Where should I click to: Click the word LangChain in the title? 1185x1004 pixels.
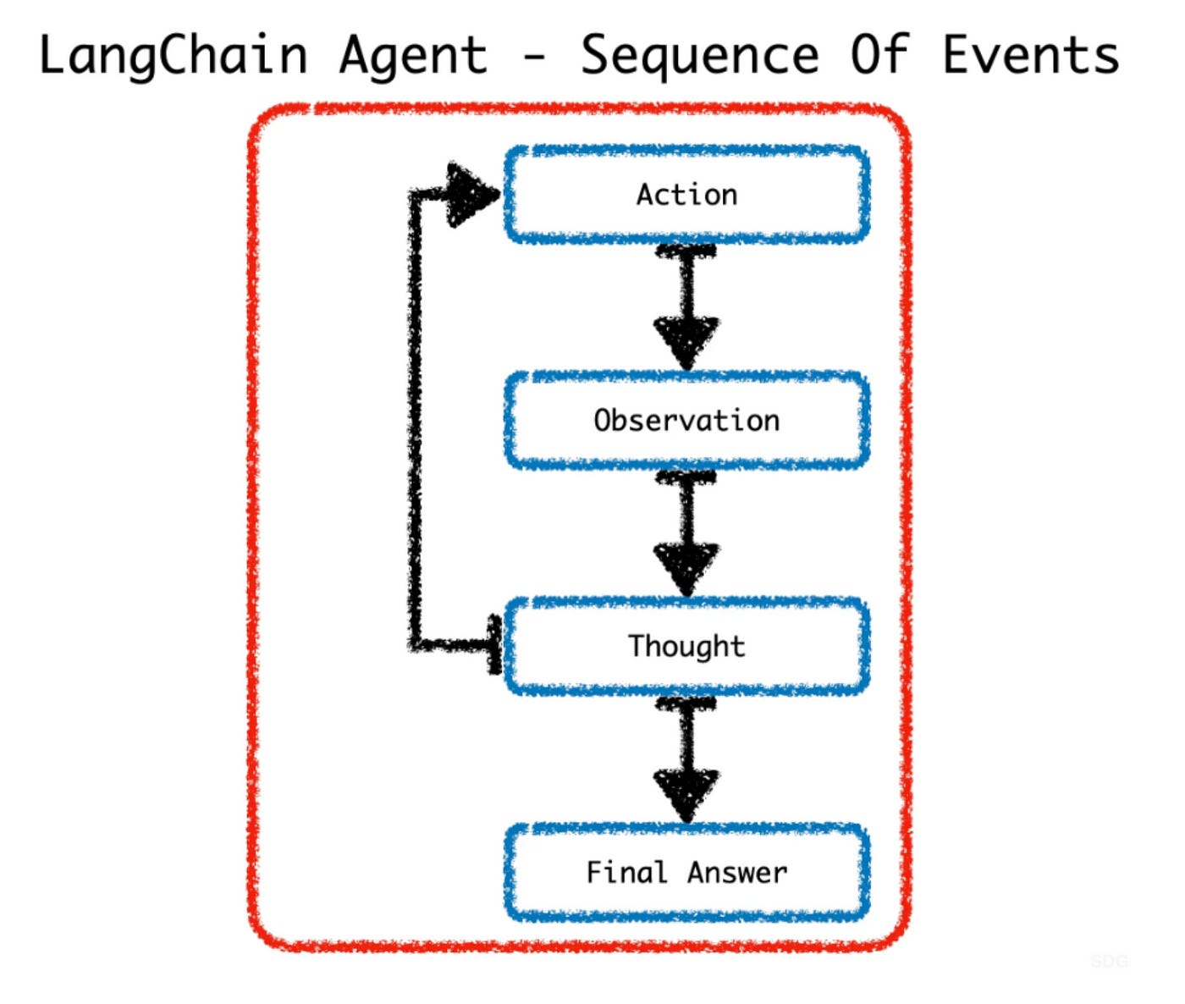(173, 56)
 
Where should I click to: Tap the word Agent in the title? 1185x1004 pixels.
(414, 56)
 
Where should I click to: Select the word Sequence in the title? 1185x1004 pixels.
(700, 56)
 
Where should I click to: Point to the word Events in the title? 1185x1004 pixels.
(1031, 56)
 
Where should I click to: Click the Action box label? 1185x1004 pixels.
(686, 195)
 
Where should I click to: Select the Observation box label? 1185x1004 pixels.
(686, 421)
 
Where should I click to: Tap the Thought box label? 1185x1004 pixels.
(686, 646)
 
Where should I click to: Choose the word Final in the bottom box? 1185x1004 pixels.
(626, 872)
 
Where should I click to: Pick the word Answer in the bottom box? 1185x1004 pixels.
(737, 872)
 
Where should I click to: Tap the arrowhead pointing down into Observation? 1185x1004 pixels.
(686, 341)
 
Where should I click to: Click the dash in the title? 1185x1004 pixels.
(534, 58)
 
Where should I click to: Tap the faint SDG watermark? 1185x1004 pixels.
(1109, 961)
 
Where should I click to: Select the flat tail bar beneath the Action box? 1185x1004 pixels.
(686, 251)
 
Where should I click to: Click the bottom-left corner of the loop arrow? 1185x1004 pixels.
(416, 646)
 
